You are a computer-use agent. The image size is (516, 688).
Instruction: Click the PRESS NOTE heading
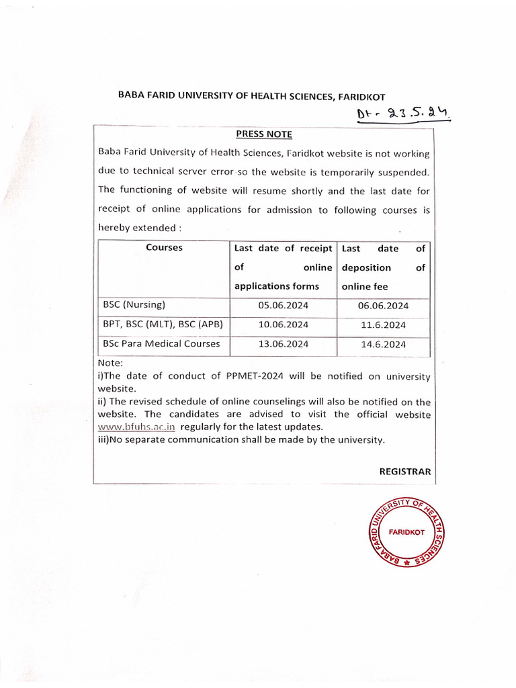click(x=264, y=134)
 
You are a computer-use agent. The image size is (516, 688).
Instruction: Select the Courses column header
click(x=164, y=247)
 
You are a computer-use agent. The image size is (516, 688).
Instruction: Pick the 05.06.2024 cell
click(x=283, y=306)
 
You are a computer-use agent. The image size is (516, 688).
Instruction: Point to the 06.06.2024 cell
click(x=383, y=306)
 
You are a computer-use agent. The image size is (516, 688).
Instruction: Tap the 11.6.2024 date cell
click(x=383, y=325)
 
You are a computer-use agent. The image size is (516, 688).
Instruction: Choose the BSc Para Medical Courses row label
click(x=161, y=344)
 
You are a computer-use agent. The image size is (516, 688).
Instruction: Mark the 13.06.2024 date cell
click(x=283, y=345)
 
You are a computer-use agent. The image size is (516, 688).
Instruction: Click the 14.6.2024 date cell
click(x=383, y=345)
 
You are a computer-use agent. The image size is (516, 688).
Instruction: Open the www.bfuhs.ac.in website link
click(x=137, y=427)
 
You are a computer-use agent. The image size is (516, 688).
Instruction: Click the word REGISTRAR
click(x=405, y=471)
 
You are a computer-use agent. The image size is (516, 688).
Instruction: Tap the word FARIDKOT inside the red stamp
click(x=406, y=532)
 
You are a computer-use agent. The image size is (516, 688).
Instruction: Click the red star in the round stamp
click(x=406, y=565)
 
